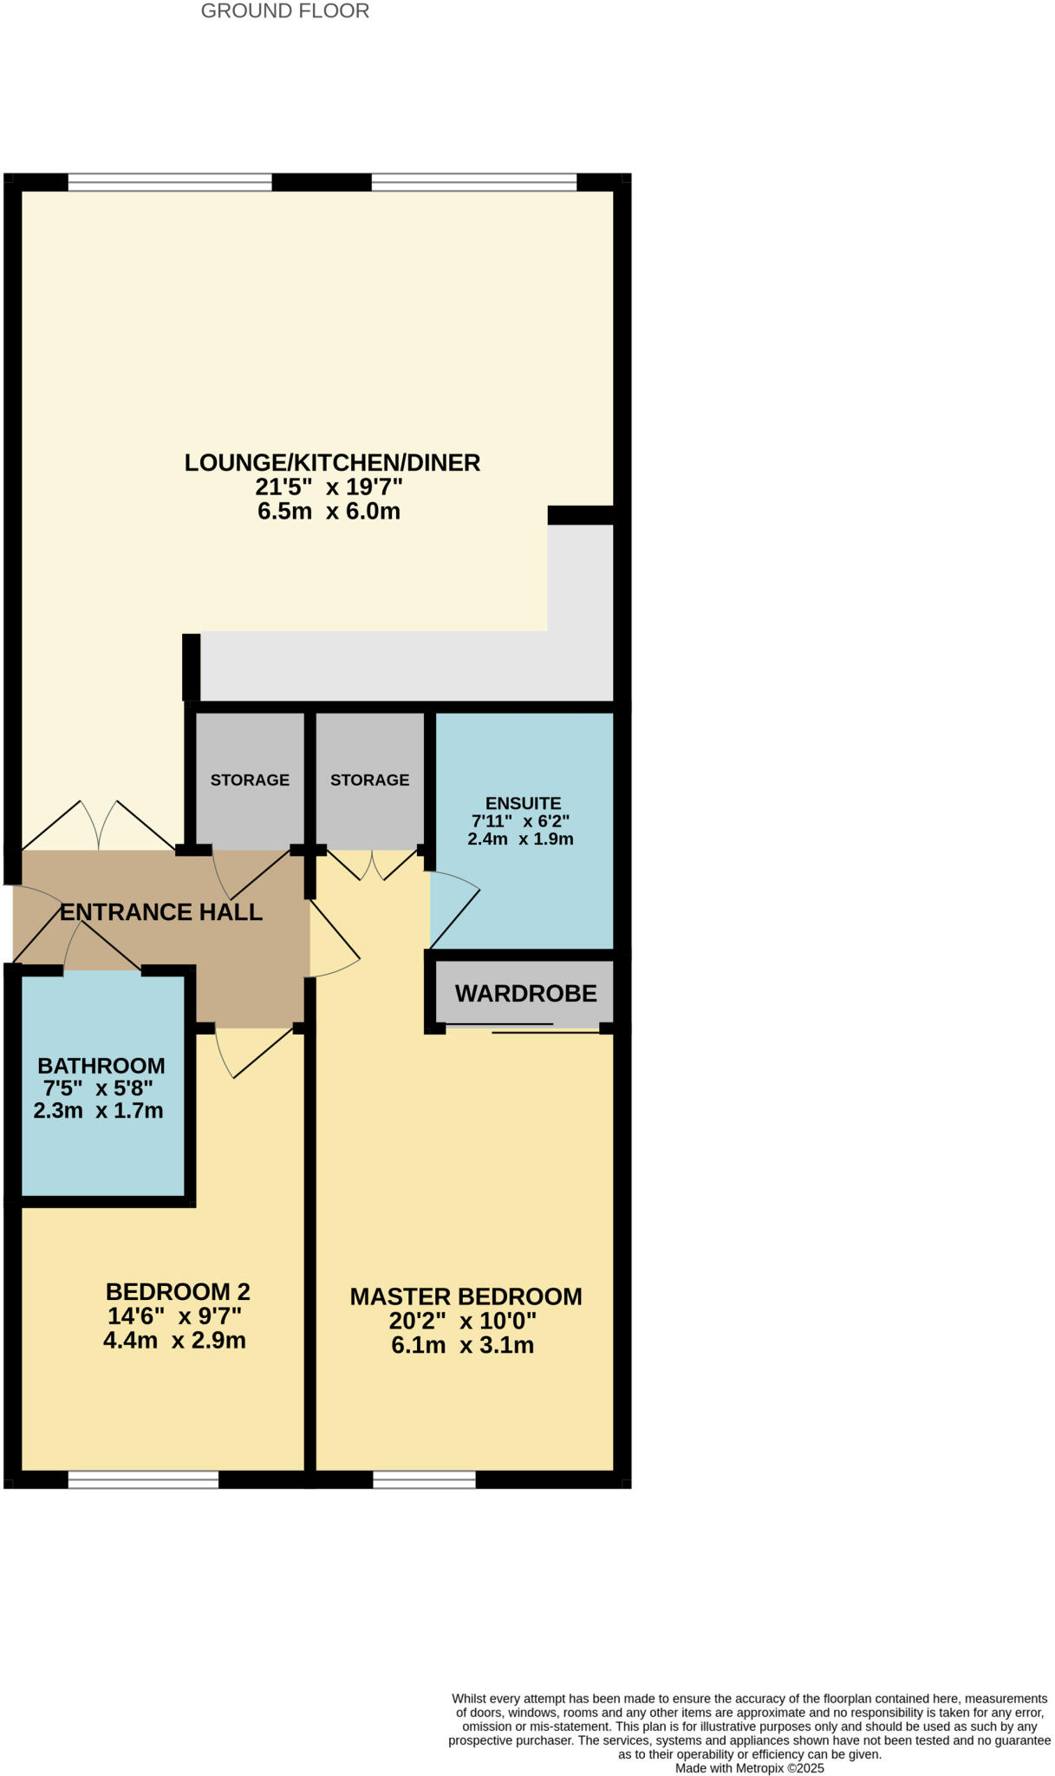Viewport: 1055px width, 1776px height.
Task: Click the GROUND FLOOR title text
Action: [284, 11]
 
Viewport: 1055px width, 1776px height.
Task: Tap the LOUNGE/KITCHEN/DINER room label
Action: [332, 462]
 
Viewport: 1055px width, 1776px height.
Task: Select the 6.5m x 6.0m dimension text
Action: [329, 511]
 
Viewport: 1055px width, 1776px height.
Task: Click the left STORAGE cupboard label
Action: [250, 780]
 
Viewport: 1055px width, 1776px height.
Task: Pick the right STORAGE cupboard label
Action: [369, 780]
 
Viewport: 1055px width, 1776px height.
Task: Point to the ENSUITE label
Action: [523, 803]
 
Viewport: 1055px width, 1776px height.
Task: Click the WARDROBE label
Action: [525, 994]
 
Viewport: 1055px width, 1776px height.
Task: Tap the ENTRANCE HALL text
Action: [161, 912]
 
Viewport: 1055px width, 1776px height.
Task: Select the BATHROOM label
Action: [101, 1066]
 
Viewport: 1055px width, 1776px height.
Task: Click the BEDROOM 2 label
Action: [178, 1292]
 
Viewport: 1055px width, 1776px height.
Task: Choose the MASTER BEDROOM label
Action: [466, 1296]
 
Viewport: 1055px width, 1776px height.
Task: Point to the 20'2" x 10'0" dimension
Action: [463, 1321]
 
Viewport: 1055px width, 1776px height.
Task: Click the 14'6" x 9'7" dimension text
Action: [174, 1316]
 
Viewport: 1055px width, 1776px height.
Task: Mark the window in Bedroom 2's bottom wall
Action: [143, 1479]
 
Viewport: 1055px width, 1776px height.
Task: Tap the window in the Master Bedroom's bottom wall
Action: [424, 1479]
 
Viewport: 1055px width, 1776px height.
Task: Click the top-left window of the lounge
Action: [170, 182]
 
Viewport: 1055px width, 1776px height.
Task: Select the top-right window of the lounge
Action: [473, 182]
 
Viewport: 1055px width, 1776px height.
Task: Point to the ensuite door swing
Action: [454, 911]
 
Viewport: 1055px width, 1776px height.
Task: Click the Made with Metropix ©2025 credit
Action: [749, 1767]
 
